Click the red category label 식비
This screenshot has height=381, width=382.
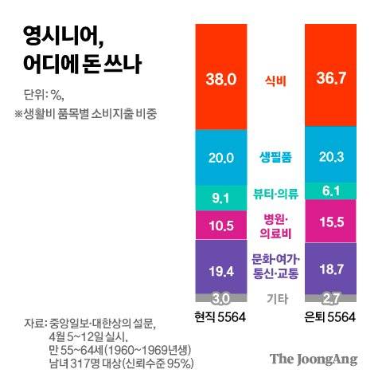click(276, 80)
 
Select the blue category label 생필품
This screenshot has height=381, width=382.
click(276, 157)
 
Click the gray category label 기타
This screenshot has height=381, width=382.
click(276, 299)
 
